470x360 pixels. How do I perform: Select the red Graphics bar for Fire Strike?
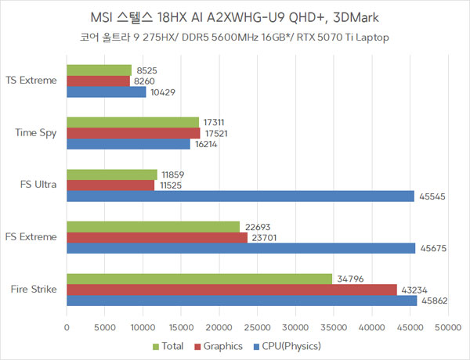click(x=232, y=290)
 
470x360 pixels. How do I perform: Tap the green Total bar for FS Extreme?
click(x=153, y=227)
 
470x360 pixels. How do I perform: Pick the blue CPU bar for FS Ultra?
click(x=240, y=196)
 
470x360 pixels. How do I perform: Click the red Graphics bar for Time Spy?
click(x=133, y=133)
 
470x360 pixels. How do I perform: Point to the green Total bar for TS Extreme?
click(x=99, y=70)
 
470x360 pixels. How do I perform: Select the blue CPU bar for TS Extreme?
click(x=107, y=92)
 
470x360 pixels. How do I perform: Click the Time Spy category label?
click(x=36, y=133)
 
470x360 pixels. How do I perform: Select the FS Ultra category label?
click(x=38, y=185)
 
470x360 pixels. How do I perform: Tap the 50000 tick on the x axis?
click(x=447, y=327)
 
